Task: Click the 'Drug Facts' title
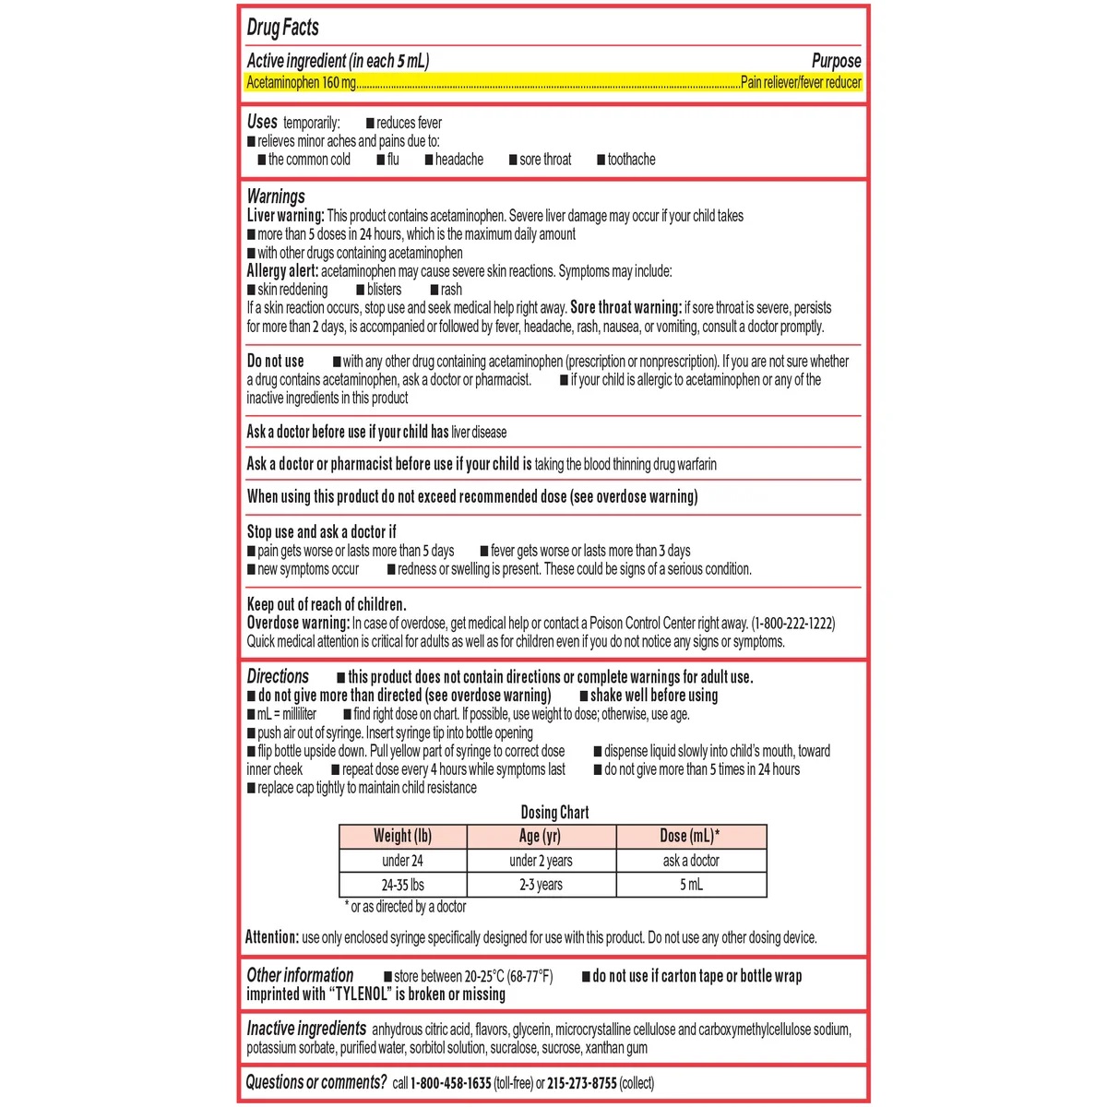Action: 282,28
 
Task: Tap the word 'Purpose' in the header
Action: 836,61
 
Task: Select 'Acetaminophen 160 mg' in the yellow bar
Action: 301,83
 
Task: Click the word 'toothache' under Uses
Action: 631,160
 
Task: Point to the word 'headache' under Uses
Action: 458,160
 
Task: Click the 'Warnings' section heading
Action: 276,196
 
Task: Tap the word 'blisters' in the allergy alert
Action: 384,290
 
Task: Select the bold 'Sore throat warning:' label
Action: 625,308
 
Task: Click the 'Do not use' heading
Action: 275,362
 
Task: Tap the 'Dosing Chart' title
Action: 554,813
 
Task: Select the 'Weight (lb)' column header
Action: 402,837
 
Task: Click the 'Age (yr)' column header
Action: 540,837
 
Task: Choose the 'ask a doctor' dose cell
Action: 691,861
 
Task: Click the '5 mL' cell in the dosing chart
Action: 691,885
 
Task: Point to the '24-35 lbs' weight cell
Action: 403,885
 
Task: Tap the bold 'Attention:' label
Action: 272,937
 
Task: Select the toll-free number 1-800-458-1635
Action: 450,1083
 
